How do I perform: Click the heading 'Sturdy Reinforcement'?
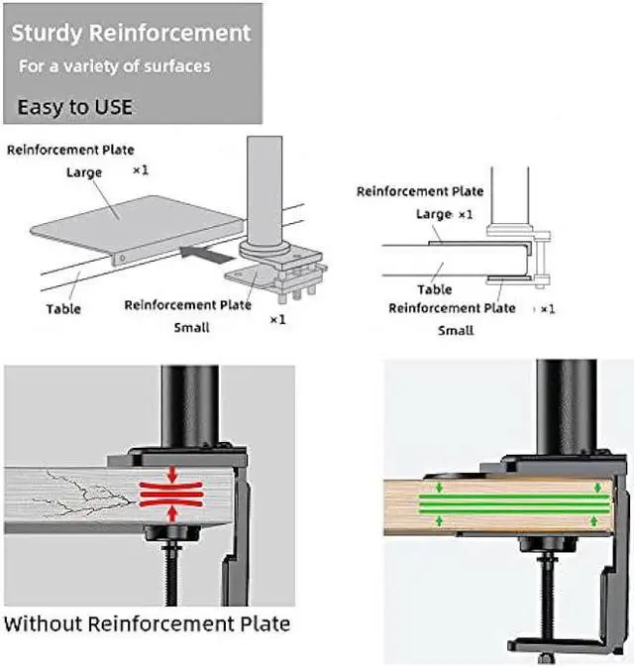pyautogui.click(x=131, y=33)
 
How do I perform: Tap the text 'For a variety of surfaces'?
pyautogui.click(x=116, y=66)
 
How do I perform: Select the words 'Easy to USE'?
pyautogui.click(x=74, y=106)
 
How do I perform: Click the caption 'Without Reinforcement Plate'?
pyautogui.click(x=148, y=623)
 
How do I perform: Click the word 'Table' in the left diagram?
pyautogui.click(x=63, y=309)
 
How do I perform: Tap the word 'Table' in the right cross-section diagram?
pyautogui.click(x=434, y=289)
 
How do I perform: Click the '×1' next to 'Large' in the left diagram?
pyautogui.click(x=141, y=170)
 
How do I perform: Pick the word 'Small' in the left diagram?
pyautogui.click(x=191, y=326)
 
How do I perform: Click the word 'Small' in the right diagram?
pyautogui.click(x=456, y=330)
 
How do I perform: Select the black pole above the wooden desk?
pyautogui.click(x=566, y=406)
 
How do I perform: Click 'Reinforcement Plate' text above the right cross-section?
pyautogui.click(x=420, y=191)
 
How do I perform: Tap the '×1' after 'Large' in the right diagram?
pyautogui.click(x=464, y=214)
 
